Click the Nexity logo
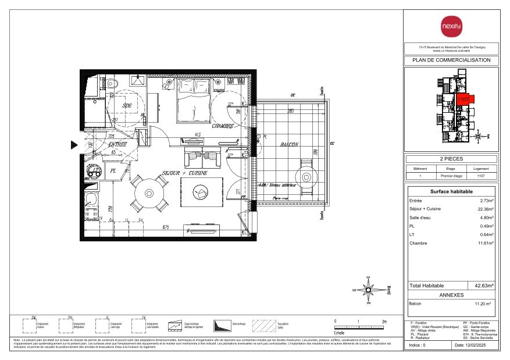click(x=451, y=26)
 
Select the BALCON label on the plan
click(x=288, y=144)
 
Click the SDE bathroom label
click(x=126, y=105)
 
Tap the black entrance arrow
click(x=74, y=145)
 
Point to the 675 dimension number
click(x=166, y=227)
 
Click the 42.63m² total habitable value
click(x=483, y=286)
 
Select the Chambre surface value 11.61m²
click(x=484, y=243)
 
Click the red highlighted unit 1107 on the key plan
click(x=463, y=100)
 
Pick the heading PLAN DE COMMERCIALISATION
click(x=451, y=60)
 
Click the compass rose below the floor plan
click(x=368, y=289)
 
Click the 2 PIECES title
click(x=451, y=159)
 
